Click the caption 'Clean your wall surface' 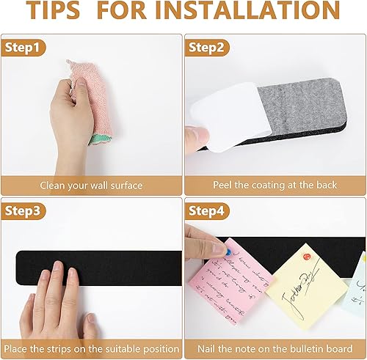[x=91, y=185]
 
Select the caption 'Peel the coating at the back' [x=275, y=185]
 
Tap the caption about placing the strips [x=91, y=347]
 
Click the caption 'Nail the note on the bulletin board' [x=275, y=347]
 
